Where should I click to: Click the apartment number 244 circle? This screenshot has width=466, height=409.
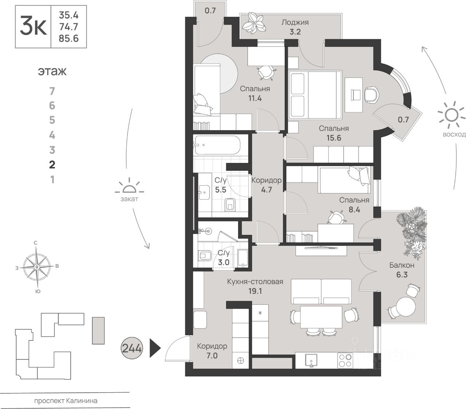pos(132,348)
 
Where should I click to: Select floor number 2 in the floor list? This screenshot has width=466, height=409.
pos(52,165)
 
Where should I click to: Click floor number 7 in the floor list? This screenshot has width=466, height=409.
pos(52,91)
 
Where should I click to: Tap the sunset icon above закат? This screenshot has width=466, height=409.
pos(129,188)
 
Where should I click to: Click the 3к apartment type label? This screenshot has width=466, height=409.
pos(33,27)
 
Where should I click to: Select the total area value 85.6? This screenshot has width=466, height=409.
pos(68,38)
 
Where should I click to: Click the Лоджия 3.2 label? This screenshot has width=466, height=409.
pos(295,27)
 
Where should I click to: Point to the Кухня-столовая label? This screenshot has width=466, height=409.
pos(255,281)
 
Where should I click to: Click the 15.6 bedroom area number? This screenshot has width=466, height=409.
pos(333,138)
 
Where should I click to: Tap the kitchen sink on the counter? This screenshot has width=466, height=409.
pos(311,361)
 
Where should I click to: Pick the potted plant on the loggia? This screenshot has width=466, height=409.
pos(255,23)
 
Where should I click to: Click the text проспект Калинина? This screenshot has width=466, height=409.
pos(66,401)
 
